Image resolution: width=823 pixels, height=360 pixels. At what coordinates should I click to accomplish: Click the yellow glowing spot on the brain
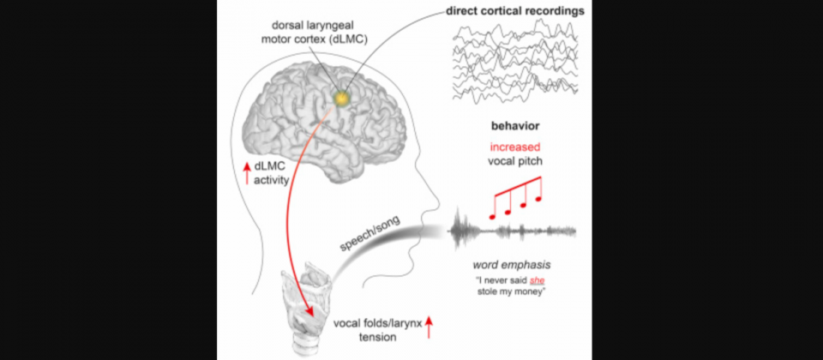342,97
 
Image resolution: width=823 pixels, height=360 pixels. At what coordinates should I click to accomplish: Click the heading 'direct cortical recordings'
515,11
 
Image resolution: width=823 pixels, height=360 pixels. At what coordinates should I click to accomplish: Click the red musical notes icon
515,197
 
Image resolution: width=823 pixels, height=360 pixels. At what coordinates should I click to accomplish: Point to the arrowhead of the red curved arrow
310,313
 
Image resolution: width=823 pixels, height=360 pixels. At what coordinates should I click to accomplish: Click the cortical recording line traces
516,62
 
